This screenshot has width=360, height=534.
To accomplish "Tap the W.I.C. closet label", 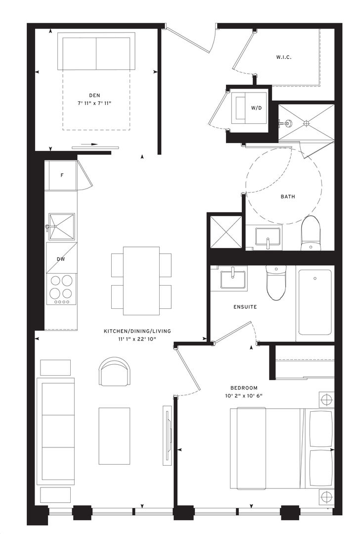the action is tap(283, 57).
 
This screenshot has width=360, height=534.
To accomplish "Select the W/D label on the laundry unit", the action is tap(256, 108).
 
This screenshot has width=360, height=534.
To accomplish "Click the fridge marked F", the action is tap(62, 175).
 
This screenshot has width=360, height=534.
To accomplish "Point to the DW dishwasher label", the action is tap(61, 259).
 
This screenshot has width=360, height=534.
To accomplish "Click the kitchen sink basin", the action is tap(62, 227).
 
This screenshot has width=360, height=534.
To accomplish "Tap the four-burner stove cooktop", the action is tap(62, 289).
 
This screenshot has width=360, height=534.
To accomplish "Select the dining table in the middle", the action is tap(141, 281).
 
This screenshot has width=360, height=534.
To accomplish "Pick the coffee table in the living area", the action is tap(114, 436).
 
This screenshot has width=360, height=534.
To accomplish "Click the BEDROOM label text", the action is tap(244, 388).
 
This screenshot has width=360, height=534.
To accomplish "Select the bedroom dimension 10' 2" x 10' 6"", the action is tap(244, 395).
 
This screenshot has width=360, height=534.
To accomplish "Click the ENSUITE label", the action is tap(245, 307).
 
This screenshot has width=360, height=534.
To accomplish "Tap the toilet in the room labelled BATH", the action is tap(311, 234).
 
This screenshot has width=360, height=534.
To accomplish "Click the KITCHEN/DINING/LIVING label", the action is tap(137, 331).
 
